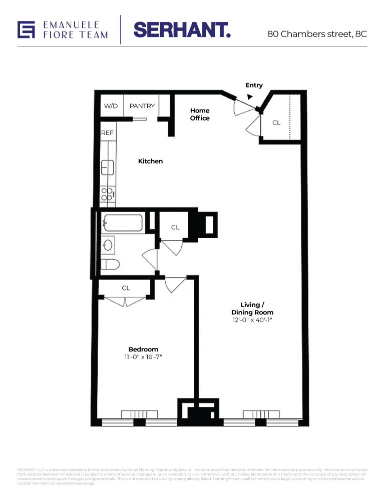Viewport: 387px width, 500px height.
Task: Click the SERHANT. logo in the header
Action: pyautogui.click(x=182, y=29)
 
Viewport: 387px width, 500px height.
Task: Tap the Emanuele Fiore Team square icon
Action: pyautogui.click(x=27, y=29)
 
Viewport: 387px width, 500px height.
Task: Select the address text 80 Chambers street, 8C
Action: pyautogui.click(x=317, y=34)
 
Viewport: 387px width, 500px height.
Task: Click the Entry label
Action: pyautogui.click(x=254, y=85)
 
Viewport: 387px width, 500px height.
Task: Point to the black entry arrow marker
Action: pyautogui.click(x=250, y=97)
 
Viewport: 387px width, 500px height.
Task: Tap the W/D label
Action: pyautogui.click(x=111, y=106)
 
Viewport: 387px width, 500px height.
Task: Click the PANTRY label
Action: pyautogui.click(x=142, y=106)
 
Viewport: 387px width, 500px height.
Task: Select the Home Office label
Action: pyautogui.click(x=200, y=114)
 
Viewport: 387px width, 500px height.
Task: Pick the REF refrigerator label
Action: pyautogui.click(x=107, y=133)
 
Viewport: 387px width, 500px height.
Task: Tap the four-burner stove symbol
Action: pyautogui.click(x=107, y=194)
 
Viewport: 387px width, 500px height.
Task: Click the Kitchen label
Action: pyautogui.click(x=150, y=161)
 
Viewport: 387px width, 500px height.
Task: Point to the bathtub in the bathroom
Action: pyautogui.click(x=123, y=223)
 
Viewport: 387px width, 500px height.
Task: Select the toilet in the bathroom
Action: pyautogui.click(x=110, y=264)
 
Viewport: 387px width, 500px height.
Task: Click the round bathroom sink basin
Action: pyautogui.click(x=108, y=245)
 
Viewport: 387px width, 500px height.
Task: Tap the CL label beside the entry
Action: pyautogui.click(x=276, y=123)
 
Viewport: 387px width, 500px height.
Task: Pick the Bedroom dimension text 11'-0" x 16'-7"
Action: pyautogui.click(x=143, y=357)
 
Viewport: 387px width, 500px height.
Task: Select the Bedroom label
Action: pyautogui.click(x=143, y=349)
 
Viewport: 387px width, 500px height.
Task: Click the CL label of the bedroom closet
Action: pyautogui.click(x=126, y=288)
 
